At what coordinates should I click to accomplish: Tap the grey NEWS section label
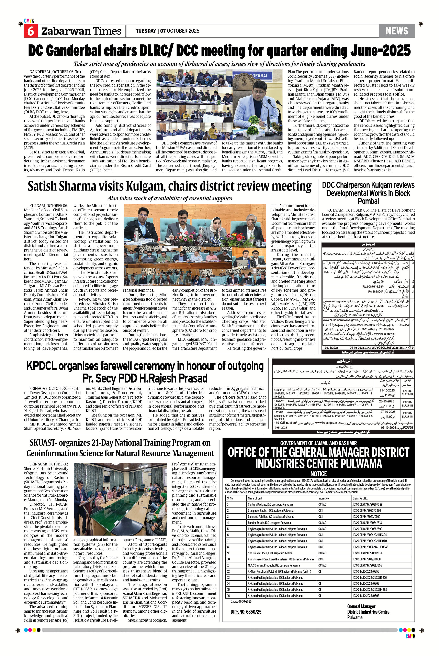(396, 31)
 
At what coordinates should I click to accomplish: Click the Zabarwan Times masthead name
(81, 31)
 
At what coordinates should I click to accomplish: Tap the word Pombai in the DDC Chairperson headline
(368, 201)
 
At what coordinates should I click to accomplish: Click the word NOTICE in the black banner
(318, 474)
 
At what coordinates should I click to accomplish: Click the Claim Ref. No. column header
(360, 498)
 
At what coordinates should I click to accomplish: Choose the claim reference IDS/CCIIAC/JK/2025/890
(367, 529)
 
